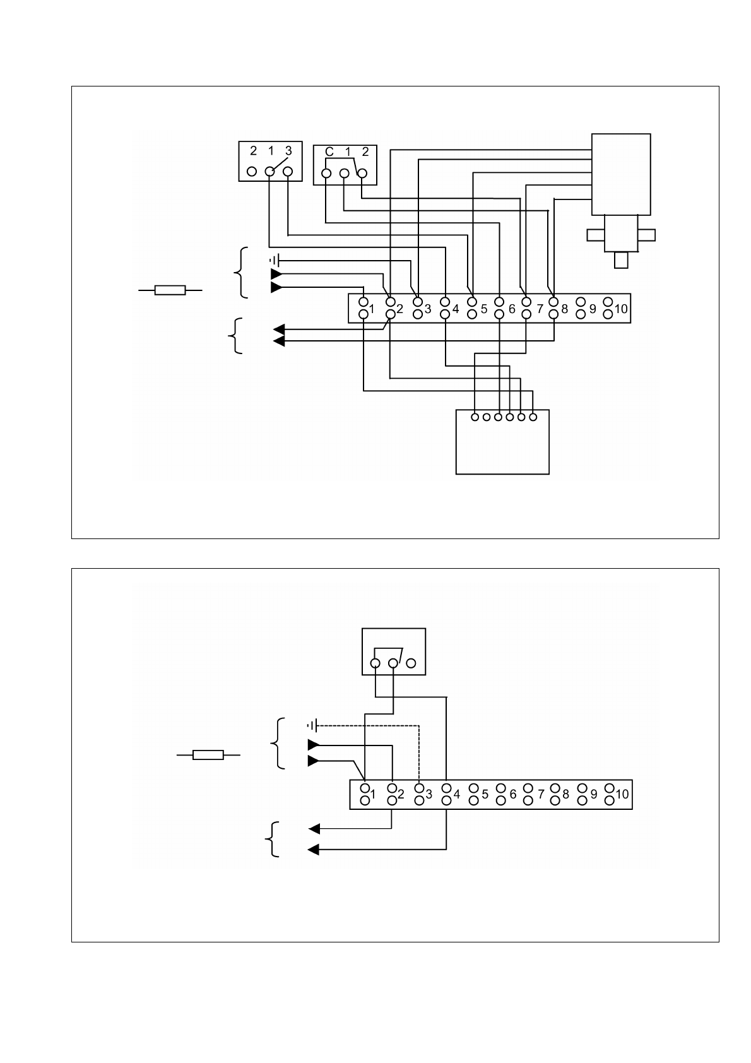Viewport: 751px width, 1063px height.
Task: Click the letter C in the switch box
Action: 329,152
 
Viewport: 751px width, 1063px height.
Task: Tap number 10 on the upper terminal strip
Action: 621,309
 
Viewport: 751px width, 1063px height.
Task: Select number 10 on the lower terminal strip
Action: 622,794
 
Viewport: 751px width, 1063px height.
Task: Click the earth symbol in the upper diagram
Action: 274,259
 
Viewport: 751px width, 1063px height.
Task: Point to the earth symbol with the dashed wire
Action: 311,726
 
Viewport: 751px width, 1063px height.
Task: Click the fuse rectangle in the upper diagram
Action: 170,290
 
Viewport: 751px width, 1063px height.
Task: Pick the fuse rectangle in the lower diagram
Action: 208,754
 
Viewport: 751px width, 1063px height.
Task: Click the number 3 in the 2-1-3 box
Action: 288,151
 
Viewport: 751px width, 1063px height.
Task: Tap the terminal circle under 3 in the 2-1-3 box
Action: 288,171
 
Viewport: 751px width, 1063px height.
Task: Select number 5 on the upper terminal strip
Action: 484,309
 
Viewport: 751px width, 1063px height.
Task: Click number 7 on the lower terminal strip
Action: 541,794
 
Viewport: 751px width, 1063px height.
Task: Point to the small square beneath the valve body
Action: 621,260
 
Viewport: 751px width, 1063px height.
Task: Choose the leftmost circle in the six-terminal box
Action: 475,417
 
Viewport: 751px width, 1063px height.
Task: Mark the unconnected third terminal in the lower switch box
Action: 411,663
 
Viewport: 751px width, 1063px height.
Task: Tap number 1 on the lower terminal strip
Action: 373,794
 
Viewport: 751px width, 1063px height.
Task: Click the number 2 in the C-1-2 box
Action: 365,152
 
